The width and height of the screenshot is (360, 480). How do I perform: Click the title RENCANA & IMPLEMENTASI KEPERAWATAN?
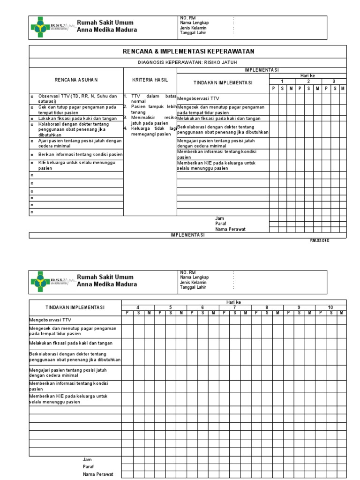pyautogui.click(x=188, y=52)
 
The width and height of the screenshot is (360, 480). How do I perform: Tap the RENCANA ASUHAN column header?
pyautogui.click(x=76, y=80)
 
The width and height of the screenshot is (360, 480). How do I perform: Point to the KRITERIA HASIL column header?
pyautogui.click(x=150, y=80)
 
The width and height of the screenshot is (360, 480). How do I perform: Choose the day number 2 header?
pyautogui.click(x=308, y=81)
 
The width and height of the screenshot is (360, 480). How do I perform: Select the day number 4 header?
pyautogui.click(x=138, y=307)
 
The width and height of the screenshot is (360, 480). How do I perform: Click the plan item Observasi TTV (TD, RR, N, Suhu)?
pyautogui.click(x=77, y=98)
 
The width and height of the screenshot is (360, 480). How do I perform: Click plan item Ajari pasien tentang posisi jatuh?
pyautogui.click(x=80, y=143)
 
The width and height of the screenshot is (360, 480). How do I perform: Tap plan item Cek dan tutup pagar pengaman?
pyautogui.click(x=77, y=109)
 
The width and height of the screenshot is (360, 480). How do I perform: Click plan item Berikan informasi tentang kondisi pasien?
pyautogui.click(x=81, y=154)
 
